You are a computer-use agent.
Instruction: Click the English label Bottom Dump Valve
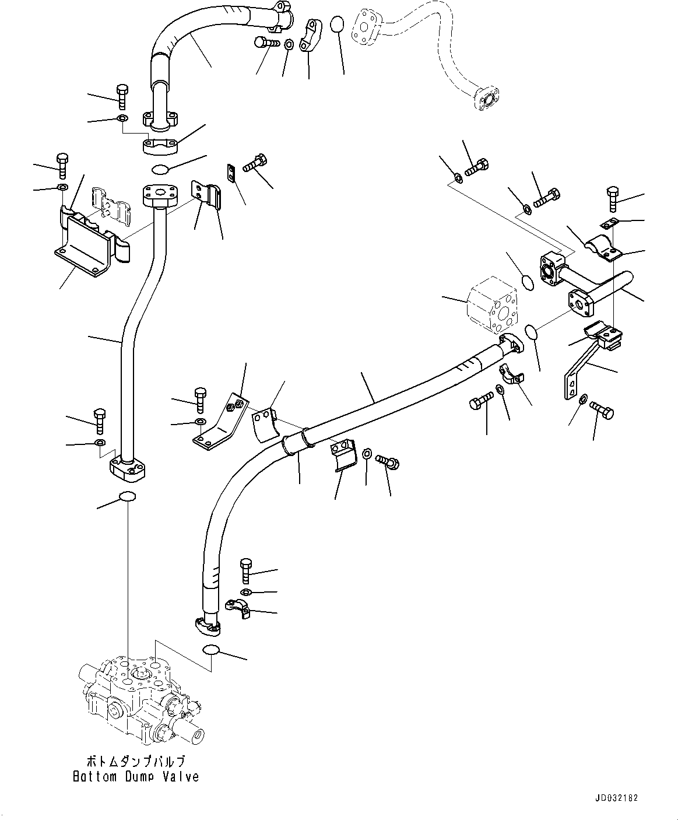click(136, 776)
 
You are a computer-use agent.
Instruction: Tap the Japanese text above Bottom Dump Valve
click(136, 762)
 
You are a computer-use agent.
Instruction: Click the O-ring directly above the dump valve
click(127, 496)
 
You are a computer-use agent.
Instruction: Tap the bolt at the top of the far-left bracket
click(62, 166)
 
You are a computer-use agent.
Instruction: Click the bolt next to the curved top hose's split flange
click(267, 42)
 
